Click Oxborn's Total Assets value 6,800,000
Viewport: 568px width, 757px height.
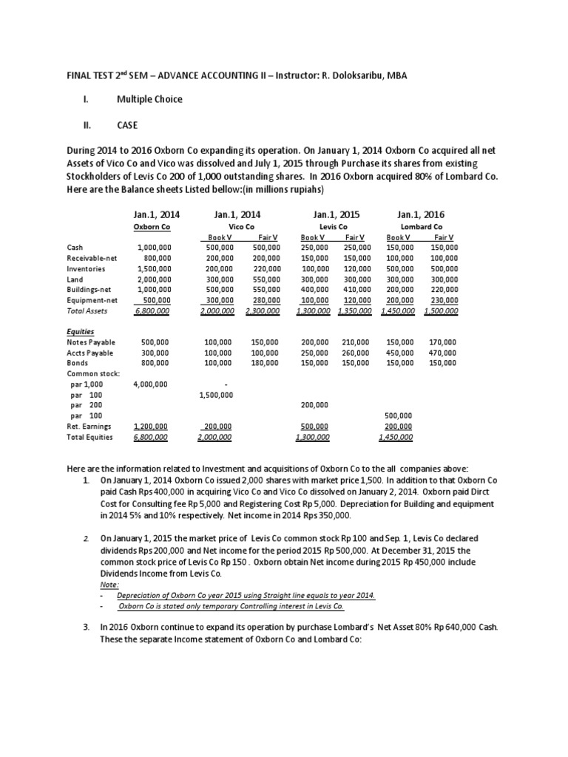(x=152, y=311)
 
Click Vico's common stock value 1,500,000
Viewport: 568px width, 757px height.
(x=217, y=395)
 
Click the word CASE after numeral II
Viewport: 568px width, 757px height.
(x=127, y=126)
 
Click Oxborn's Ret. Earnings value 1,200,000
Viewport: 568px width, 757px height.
(x=151, y=427)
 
